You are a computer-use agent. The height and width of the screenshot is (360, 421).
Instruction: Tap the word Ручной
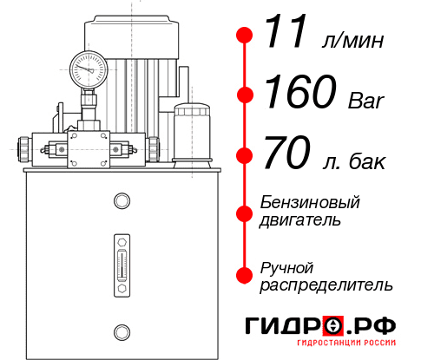[286, 267]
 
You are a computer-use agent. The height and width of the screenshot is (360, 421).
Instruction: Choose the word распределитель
[326, 285]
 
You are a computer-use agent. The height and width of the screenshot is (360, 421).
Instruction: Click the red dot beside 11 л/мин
[246, 36]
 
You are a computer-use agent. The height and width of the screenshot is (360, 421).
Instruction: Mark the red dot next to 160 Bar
[246, 95]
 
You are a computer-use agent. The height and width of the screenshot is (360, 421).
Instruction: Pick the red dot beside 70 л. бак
[246, 156]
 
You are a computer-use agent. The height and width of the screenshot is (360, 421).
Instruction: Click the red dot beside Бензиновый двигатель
[246, 212]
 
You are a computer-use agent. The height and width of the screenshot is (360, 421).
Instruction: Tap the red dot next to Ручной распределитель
[246, 275]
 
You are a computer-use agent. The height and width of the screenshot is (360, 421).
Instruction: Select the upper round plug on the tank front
[121, 201]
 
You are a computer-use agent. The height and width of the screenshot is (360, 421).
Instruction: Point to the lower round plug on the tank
[121, 331]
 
